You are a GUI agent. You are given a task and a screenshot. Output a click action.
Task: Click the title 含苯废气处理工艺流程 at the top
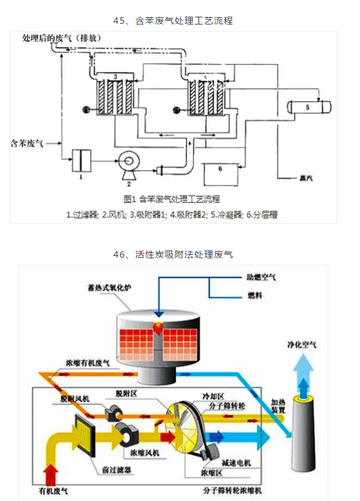pyautogui.click(x=173, y=20)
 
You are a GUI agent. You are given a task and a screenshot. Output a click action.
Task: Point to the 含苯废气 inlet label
pyautogui.click(x=27, y=143)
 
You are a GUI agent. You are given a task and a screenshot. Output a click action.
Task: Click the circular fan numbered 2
pyautogui.click(x=128, y=162)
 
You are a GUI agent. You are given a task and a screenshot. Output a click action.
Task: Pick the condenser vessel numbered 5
pyautogui.click(x=309, y=107)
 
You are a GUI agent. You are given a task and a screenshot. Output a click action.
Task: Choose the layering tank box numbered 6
pyautogui.click(x=221, y=173)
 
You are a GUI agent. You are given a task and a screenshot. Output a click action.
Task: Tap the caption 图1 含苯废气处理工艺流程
pyautogui.click(x=172, y=199)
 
